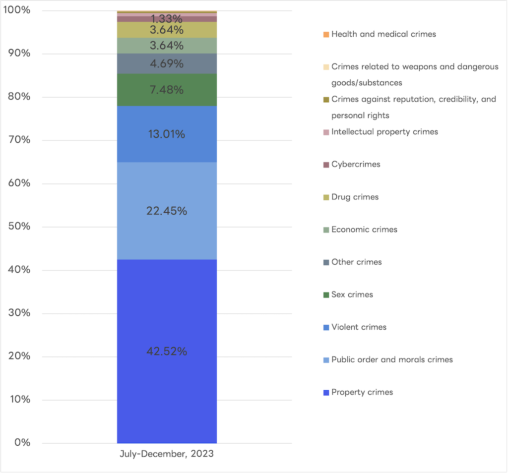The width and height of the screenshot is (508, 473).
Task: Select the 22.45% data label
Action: point(167,211)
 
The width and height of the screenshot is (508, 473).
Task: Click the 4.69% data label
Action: point(167,64)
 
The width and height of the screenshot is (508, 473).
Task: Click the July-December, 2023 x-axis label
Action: point(167,454)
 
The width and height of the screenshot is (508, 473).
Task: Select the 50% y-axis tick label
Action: point(19,227)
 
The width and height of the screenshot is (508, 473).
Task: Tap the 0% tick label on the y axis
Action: point(22,443)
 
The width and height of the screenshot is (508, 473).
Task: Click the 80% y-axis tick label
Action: point(19,97)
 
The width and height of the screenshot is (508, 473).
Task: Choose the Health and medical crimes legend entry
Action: point(383,34)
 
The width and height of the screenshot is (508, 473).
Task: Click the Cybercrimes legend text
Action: point(356,165)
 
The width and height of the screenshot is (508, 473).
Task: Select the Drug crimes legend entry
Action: point(355,197)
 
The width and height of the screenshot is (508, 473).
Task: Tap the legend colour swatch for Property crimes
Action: point(326,393)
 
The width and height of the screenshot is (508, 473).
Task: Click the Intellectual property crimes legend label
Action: point(384,132)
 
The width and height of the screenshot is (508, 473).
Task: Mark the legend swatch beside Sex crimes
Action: point(326,295)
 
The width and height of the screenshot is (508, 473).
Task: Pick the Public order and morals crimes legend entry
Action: point(392,359)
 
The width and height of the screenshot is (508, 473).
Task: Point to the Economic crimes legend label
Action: point(364,230)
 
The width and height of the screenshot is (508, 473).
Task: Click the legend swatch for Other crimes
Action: point(326,262)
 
